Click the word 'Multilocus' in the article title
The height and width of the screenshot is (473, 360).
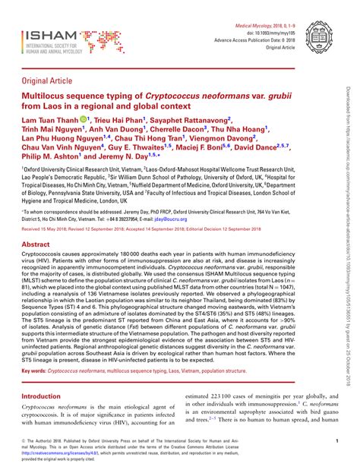pos(50,99)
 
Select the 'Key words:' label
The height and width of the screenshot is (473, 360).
pos(33,393)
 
